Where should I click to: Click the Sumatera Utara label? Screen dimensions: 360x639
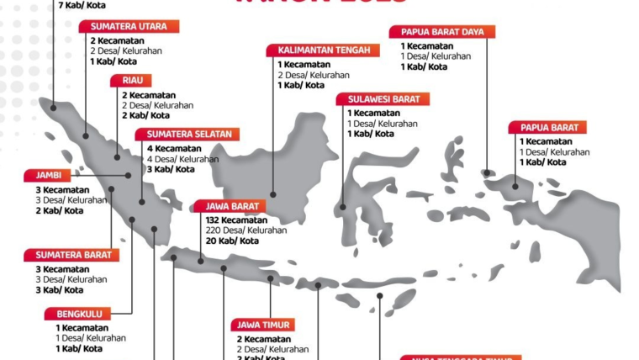(x=129, y=26)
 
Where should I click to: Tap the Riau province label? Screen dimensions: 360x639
(x=131, y=81)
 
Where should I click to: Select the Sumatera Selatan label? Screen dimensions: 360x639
(x=189, y=135)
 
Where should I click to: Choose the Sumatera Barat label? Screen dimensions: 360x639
(x=71, y=255)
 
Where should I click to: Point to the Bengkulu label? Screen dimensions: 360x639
(x=79, y=314)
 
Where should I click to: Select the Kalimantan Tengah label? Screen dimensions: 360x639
(x=323, y=50)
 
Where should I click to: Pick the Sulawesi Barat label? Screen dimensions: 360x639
(x=383, y=98)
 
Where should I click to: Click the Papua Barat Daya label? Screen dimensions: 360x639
(x=441, y=32)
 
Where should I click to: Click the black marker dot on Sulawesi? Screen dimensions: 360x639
(x=343, y=206)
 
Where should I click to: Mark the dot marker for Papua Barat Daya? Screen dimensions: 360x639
(x=487, y=173)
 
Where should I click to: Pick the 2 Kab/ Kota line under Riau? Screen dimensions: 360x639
(x=145, y=115)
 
